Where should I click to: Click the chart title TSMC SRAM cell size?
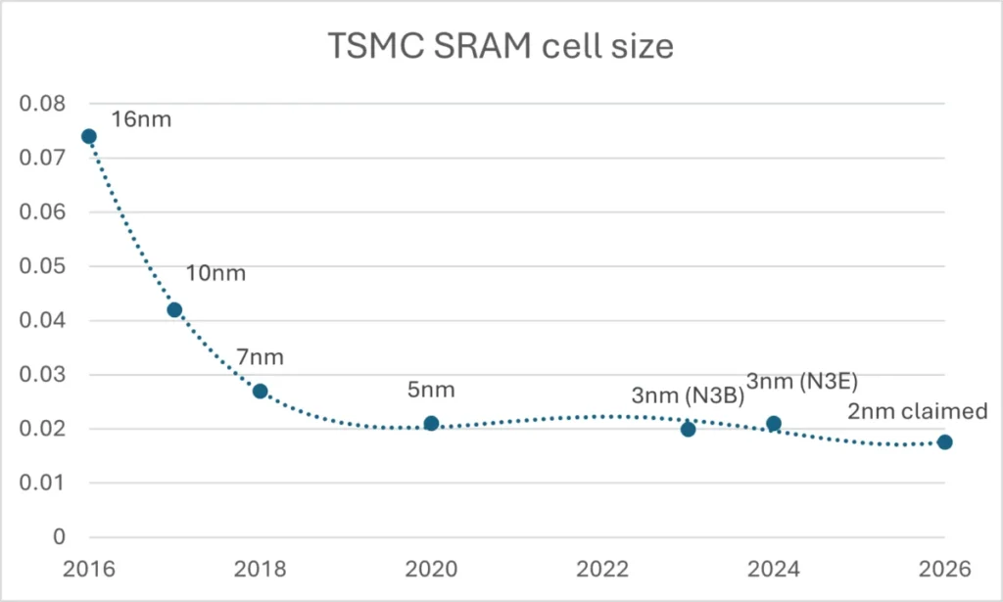501,46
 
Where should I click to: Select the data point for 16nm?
89,136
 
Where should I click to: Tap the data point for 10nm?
174,310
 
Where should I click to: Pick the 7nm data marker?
261,391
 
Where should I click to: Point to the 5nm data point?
431,423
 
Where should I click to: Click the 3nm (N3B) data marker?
688,429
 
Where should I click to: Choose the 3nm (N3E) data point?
774,423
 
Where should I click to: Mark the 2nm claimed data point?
944,441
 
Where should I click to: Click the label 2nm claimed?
918,412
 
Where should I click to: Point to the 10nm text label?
215,273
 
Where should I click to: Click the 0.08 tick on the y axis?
40,104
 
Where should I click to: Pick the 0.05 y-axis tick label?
40,266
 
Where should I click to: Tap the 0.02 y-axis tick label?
40,429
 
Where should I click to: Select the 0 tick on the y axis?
58,536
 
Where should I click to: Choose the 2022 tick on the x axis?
602,569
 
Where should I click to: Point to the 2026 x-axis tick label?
944,569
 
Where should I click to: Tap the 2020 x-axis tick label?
431,569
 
